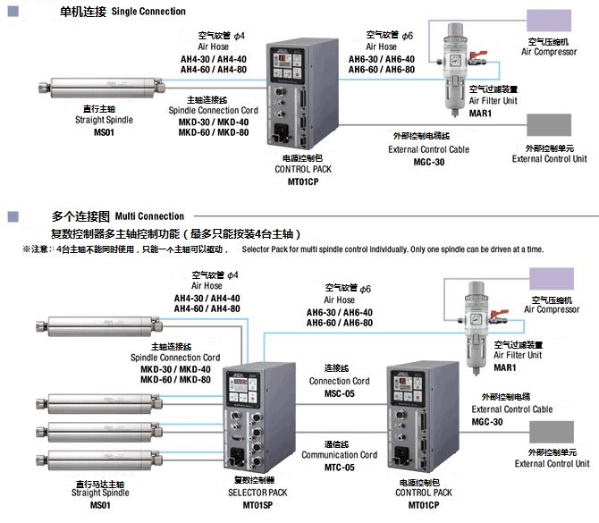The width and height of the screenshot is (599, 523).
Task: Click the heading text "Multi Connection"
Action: (149, 216)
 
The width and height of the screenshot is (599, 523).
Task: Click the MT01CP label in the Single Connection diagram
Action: (303, 181)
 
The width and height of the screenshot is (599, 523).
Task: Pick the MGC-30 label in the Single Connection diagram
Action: (428, 162)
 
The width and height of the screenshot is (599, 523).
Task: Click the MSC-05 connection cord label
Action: (339, 394)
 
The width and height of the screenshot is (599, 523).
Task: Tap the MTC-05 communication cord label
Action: (339, 468)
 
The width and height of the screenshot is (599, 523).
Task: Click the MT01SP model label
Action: (259, 505)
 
